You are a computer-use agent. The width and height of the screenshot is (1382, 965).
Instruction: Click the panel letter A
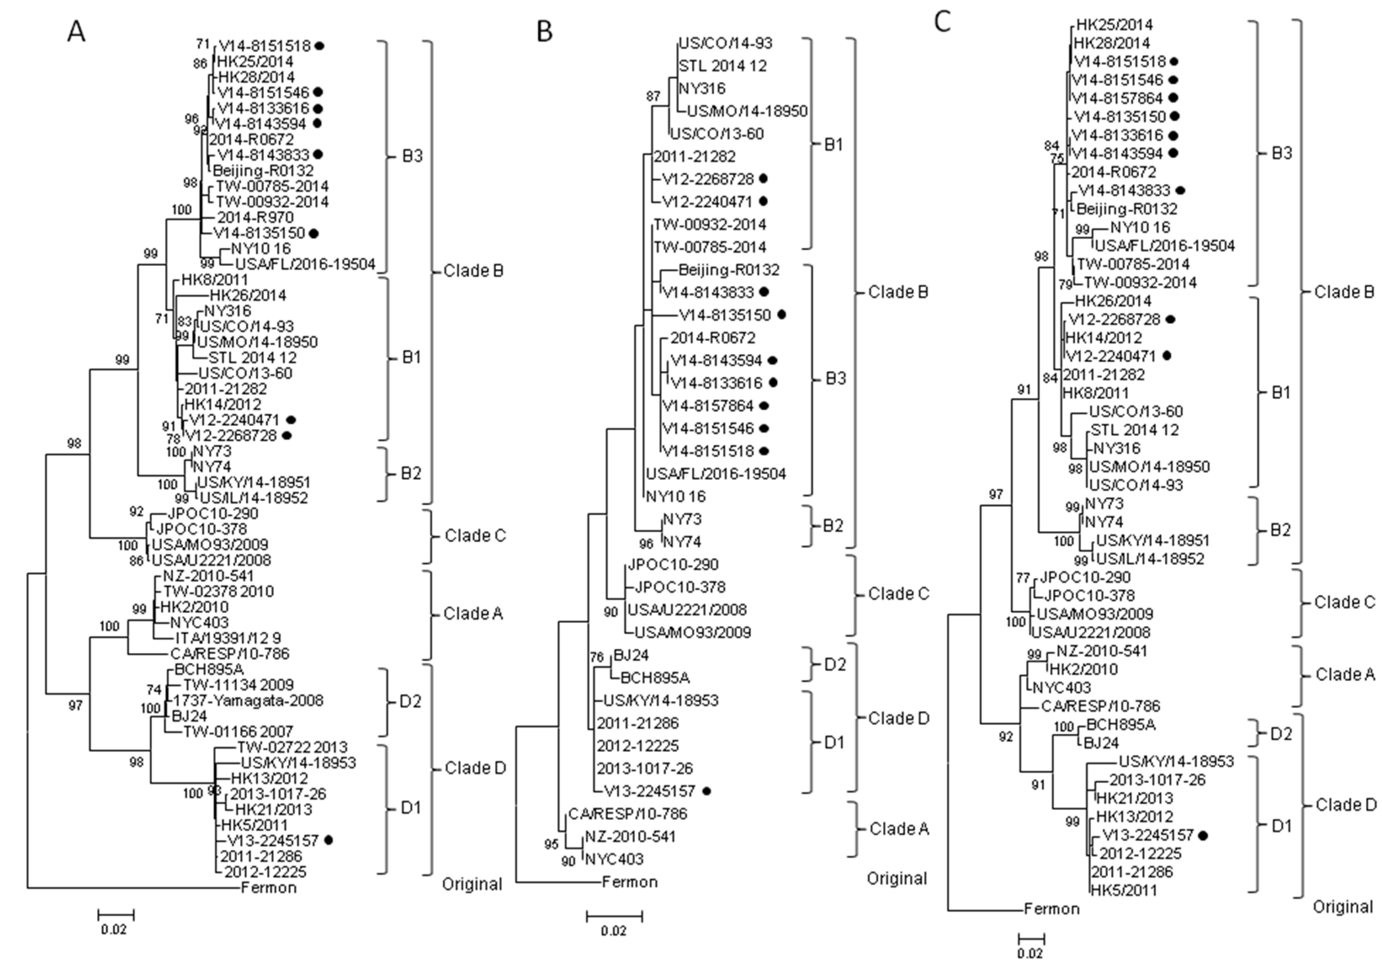(x=76, y=31)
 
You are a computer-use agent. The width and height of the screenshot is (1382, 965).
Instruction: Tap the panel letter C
(x=942, y=22)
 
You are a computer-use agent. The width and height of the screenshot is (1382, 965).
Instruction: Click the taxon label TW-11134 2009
(x=239, y=685)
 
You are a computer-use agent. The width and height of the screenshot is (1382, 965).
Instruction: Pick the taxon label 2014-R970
(x=255, y=217)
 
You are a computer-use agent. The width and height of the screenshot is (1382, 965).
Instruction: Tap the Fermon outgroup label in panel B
(x=630, y=883)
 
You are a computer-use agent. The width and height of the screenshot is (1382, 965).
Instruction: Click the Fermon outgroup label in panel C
(x=1052, y=909)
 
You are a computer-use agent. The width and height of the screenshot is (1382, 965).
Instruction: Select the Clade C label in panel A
(x=475, y=536)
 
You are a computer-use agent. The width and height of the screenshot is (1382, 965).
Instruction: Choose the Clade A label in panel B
(x=899, y=829)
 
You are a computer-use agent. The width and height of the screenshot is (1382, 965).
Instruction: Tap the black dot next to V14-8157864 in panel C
(x=1173, y=98)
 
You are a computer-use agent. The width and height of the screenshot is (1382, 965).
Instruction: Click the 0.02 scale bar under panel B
(x=614, y=917)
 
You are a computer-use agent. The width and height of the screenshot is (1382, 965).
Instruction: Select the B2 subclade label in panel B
(x=833, y=526)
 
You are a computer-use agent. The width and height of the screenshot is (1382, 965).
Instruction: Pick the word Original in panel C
(x=1342, y=924)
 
